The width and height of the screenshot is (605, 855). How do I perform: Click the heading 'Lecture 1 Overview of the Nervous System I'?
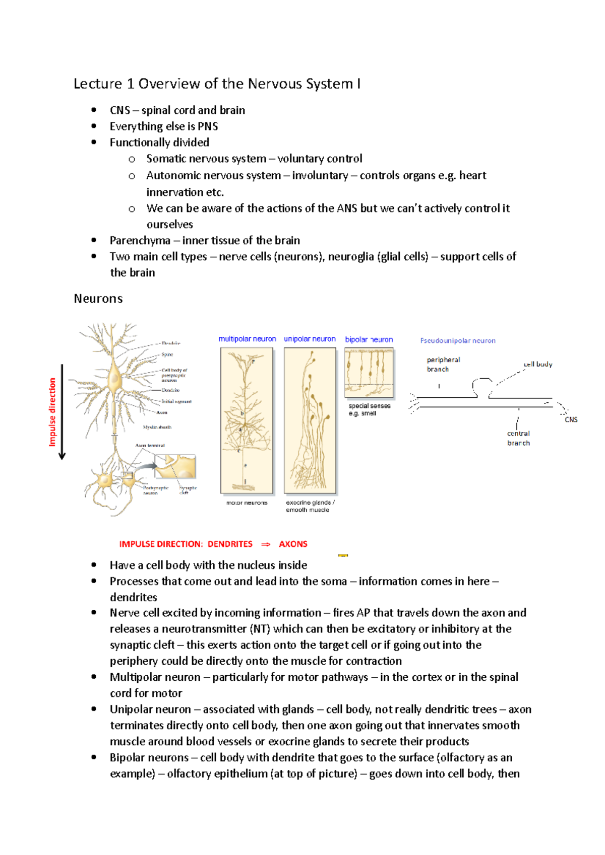(217, 84)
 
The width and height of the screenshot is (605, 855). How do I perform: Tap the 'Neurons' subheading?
(98, 299)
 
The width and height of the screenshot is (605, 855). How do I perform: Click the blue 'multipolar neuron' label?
(247, 339)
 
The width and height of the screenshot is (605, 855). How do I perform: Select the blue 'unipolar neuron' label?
(310, 339)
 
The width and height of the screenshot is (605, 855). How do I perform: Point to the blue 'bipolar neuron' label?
(369, 339)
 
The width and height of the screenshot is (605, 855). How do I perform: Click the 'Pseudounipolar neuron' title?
(458, 341)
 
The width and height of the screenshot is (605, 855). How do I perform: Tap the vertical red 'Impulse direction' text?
(52, 412)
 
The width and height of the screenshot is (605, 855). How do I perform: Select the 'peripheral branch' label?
(443, 364)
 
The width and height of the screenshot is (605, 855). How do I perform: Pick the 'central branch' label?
(518, 438)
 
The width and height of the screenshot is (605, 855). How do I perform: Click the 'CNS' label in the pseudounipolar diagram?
(571, 419)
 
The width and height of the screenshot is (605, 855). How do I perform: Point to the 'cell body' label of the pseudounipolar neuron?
(538, 364)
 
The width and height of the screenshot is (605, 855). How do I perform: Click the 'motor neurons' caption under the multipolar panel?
(247, 503)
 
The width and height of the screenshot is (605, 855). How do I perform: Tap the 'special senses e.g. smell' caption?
(369, 409)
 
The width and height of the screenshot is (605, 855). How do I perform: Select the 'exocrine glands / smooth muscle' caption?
(310, 506)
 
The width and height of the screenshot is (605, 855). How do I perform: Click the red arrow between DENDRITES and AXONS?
(266, 544)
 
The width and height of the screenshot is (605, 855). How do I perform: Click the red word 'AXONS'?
(293, 544)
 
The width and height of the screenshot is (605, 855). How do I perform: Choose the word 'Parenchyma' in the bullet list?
(140, 241)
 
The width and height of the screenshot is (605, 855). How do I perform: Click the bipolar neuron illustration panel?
(369, 373)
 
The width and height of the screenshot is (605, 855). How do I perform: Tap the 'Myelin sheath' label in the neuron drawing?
(157, 427)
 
